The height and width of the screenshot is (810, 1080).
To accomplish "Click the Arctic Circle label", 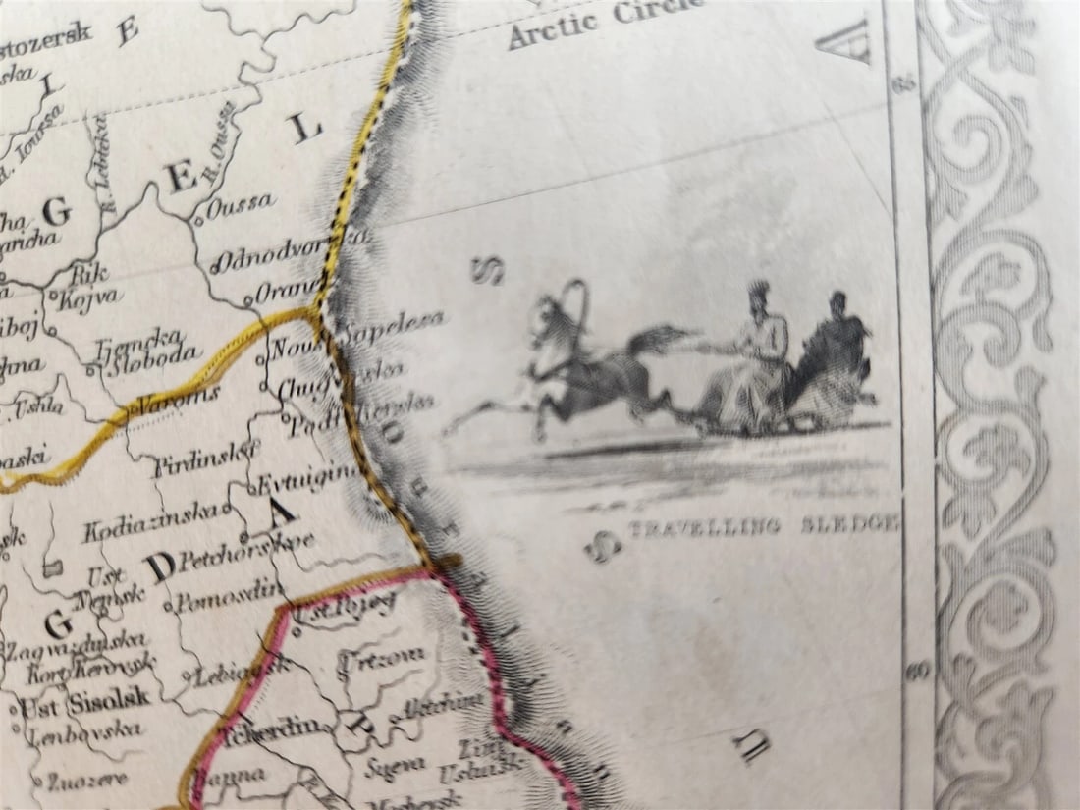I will tap(606, 22).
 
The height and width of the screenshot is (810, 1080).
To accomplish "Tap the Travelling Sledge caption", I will tap(763, 524).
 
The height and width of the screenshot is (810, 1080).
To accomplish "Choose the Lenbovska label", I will tap(83, 732).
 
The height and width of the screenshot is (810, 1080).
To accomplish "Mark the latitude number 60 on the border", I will tap(919, 672).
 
